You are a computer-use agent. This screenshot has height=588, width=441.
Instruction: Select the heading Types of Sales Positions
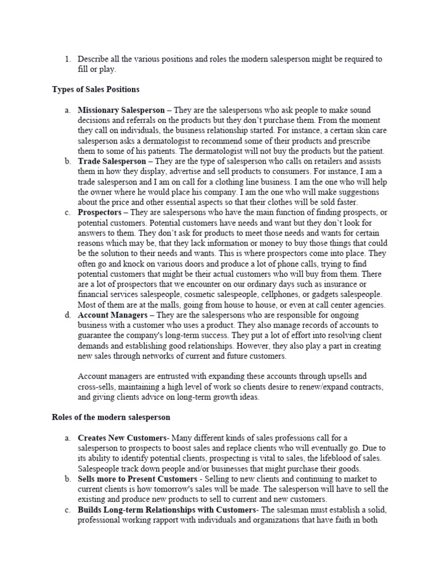[x=95, y=89]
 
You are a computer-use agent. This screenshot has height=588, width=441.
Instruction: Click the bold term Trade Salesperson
[x=112, y=161]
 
